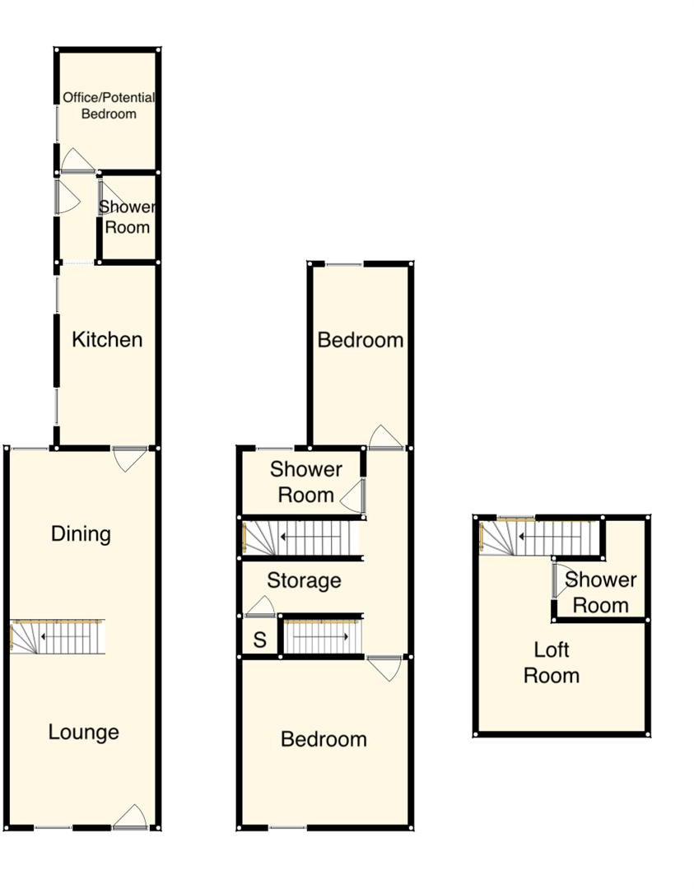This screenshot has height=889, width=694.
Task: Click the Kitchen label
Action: click(107, 339)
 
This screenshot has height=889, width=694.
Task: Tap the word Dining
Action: click(81, 533)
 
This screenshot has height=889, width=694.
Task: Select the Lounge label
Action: click(83, 732)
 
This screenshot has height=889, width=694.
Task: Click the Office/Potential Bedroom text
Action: click(109, 105)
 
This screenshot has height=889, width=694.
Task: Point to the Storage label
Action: click(304, 580)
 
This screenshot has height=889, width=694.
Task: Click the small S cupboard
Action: click(259, 640)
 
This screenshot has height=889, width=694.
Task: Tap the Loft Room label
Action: click(552, 663)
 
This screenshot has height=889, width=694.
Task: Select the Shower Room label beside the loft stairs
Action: click(601, 593)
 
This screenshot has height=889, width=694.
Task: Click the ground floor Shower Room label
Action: click(128, 216)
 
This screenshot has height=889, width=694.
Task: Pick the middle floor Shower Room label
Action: click(306, 482)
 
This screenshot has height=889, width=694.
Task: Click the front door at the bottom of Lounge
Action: click(129, 817)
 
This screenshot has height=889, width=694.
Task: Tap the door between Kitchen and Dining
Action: click(129, 458)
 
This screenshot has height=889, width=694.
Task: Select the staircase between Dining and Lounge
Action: click(58, 637)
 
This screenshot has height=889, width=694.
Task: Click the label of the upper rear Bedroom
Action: click(361, 339)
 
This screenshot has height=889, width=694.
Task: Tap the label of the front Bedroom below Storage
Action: click(324, 738)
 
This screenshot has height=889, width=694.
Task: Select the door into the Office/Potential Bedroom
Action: click(78, 161)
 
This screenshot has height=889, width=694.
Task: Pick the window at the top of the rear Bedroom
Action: click(344, 264)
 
